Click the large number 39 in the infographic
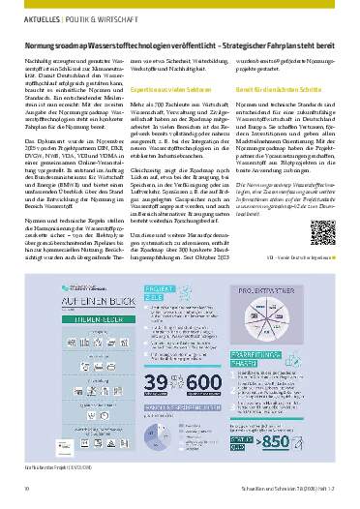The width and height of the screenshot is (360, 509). (143, 389)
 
